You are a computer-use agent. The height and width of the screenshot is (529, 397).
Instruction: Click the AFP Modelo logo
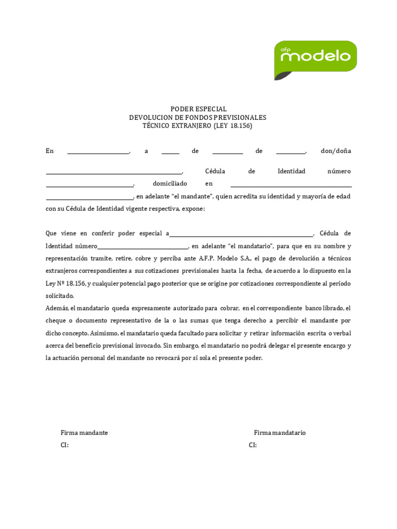[x=315, y=59]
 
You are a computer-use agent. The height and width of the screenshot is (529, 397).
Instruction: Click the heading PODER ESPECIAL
[x=198, y=109]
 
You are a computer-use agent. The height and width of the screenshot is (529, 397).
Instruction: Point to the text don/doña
[x=335, y=151]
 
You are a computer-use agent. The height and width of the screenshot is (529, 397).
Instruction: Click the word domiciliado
[x=170, y=183]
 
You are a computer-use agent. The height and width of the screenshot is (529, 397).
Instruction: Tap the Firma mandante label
[x=84, y=433]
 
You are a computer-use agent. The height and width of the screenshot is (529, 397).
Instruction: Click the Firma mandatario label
[x=280, y=433]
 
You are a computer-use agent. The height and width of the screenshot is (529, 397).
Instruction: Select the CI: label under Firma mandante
[x=65, y=445]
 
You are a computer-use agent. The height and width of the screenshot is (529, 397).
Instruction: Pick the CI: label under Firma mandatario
[x=253, y=445]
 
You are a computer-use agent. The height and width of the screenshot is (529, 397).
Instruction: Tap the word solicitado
[x=60, y=296]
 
